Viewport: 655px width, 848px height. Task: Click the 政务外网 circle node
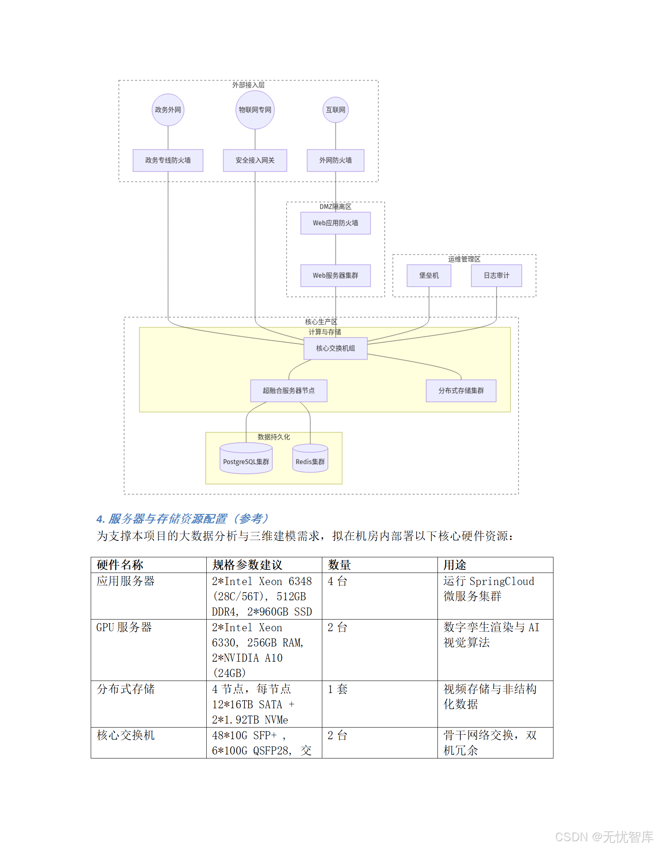(x=168, y=110)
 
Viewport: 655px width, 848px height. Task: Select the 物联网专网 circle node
(x=255, y=110)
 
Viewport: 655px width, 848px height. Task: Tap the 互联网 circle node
(x=336, y=110)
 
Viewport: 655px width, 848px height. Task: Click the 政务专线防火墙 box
(x=168, y=160)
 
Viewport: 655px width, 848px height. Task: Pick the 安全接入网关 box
(x=255, y=160)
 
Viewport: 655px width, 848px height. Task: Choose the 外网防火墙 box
(x=336, y=160)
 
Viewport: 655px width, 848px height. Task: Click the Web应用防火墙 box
(x=336, y=223)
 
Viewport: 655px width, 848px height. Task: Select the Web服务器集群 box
(x=336, y=275)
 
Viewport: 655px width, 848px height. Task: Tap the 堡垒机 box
(x=429, y=275)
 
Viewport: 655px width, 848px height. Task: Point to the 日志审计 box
(x=496, y=275)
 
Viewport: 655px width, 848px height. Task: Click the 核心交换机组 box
(x=336, y=348)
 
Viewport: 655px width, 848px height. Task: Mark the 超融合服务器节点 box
(x=289, y=390)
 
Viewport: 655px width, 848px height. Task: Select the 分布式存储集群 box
(x=461, y=390)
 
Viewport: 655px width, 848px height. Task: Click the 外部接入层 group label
(x=248, y=85)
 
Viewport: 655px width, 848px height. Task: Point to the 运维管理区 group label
(x=464, y=259)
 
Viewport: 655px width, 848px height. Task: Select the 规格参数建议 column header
(x=247, y=565)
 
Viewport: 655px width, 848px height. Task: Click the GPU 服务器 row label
(x=124, y=627)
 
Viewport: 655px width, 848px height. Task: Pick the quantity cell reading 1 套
(x=337, y=689)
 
